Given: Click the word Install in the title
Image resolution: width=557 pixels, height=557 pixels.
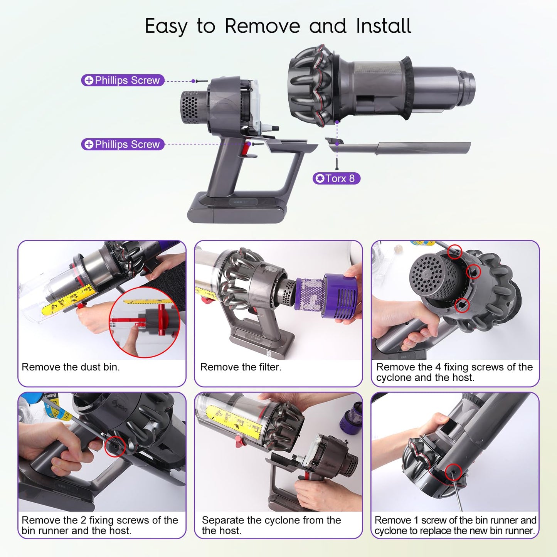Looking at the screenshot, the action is (383, 26).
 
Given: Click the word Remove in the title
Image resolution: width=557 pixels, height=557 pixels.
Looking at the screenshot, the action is (263, 26).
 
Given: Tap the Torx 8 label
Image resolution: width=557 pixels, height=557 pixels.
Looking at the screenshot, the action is (337, 178).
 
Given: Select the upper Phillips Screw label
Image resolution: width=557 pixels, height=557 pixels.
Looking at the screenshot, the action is (123, 80).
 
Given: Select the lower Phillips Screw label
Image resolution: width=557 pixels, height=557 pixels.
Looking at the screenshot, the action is (123, 144).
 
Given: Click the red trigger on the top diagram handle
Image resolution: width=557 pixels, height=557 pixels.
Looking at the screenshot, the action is (246, 148).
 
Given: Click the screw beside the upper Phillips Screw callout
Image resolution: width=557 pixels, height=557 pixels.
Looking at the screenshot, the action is (202, 81).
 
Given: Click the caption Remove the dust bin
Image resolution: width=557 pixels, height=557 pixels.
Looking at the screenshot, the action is (71, 367).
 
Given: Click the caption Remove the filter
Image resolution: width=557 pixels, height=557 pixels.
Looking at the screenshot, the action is (241, 367).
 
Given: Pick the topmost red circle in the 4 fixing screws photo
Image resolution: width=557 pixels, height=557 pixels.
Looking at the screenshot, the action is (454, 251).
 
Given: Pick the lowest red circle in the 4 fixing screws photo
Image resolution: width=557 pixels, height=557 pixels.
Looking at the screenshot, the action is (462, 305).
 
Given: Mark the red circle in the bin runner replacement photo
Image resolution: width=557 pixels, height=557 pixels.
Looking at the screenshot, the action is (453, 472).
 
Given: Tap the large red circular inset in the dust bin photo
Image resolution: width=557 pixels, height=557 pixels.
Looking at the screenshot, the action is (145, 322).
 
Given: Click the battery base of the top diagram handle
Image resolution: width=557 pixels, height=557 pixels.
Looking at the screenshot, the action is (237, 207).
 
